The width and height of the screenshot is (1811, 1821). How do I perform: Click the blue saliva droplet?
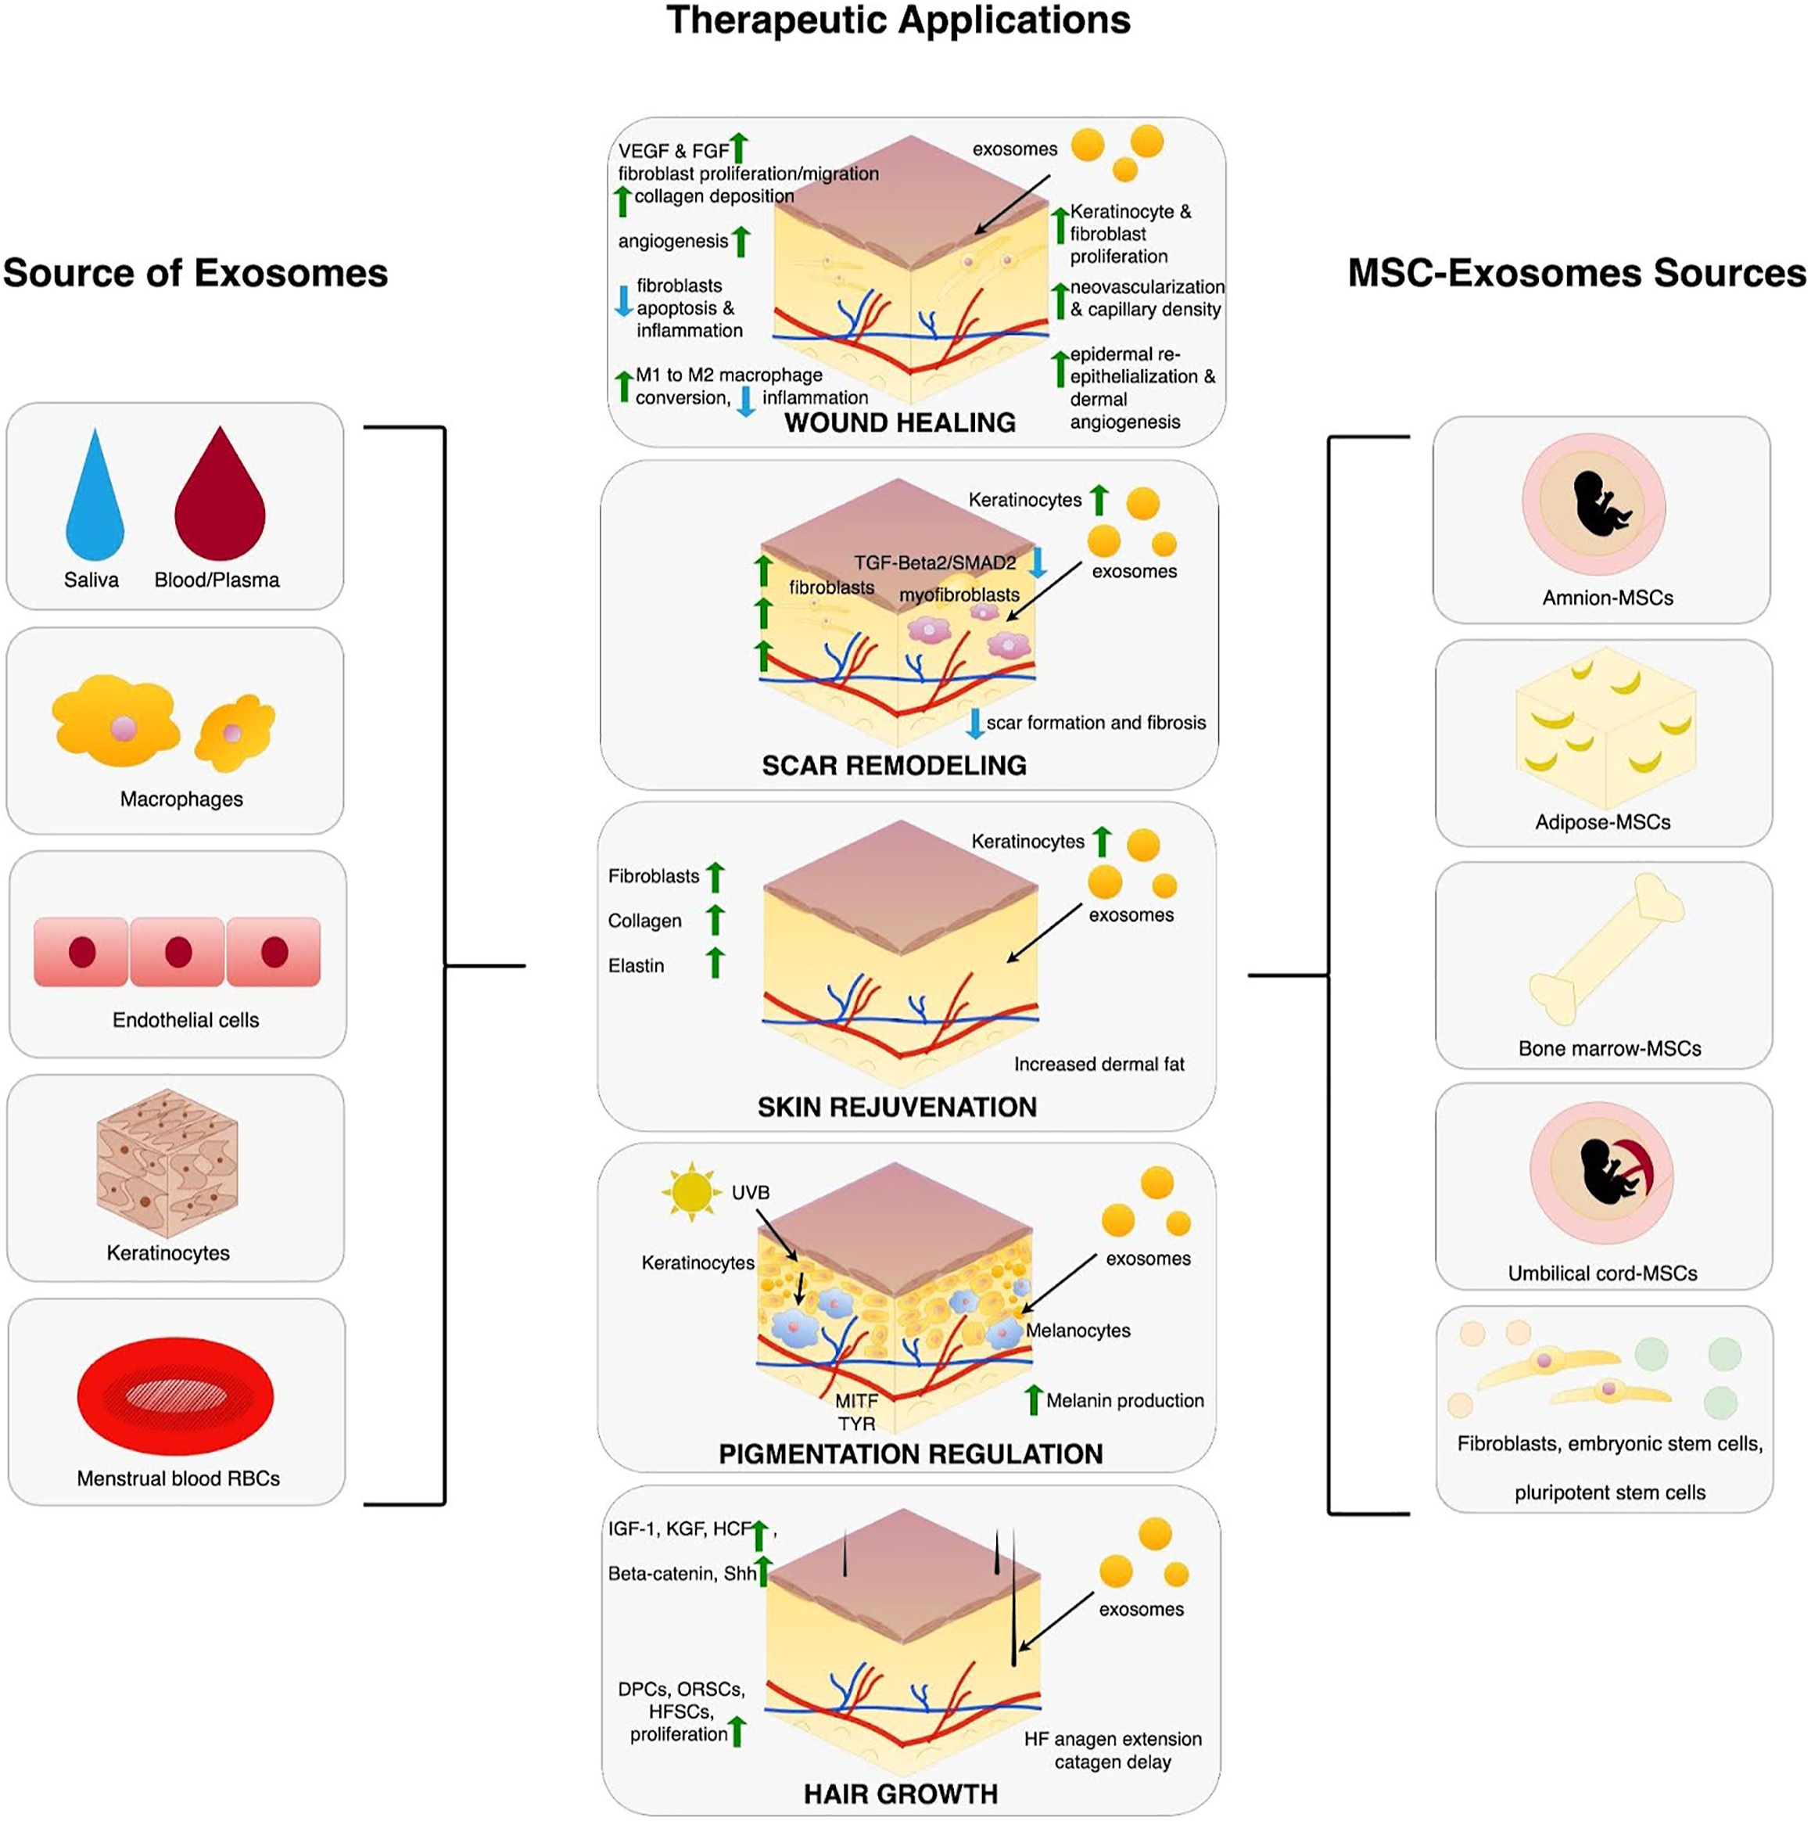tap(94, 500)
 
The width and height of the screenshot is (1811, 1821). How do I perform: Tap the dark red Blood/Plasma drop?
tap(220, 500)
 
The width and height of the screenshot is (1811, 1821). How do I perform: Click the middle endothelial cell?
tap(178, 952)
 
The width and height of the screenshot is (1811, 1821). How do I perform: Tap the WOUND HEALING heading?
tap(900, 422)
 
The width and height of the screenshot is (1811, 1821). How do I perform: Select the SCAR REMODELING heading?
tap(895, 765)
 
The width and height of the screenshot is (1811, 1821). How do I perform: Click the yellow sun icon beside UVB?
tap(691, 1191)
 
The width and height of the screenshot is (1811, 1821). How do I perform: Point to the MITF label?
tap(855, 1402)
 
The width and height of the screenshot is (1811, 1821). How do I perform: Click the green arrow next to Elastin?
tap(716, 962)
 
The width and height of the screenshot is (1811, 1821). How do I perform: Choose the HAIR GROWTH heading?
tap(900, 1794)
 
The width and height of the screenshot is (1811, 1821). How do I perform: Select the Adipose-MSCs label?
tap(1603, 822)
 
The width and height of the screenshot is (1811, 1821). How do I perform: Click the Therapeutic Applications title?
tap(898, 21)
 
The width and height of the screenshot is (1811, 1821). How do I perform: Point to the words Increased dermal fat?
tap(1099, 1064)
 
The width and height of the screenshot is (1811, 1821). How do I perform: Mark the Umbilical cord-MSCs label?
tap(1603, 1273)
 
